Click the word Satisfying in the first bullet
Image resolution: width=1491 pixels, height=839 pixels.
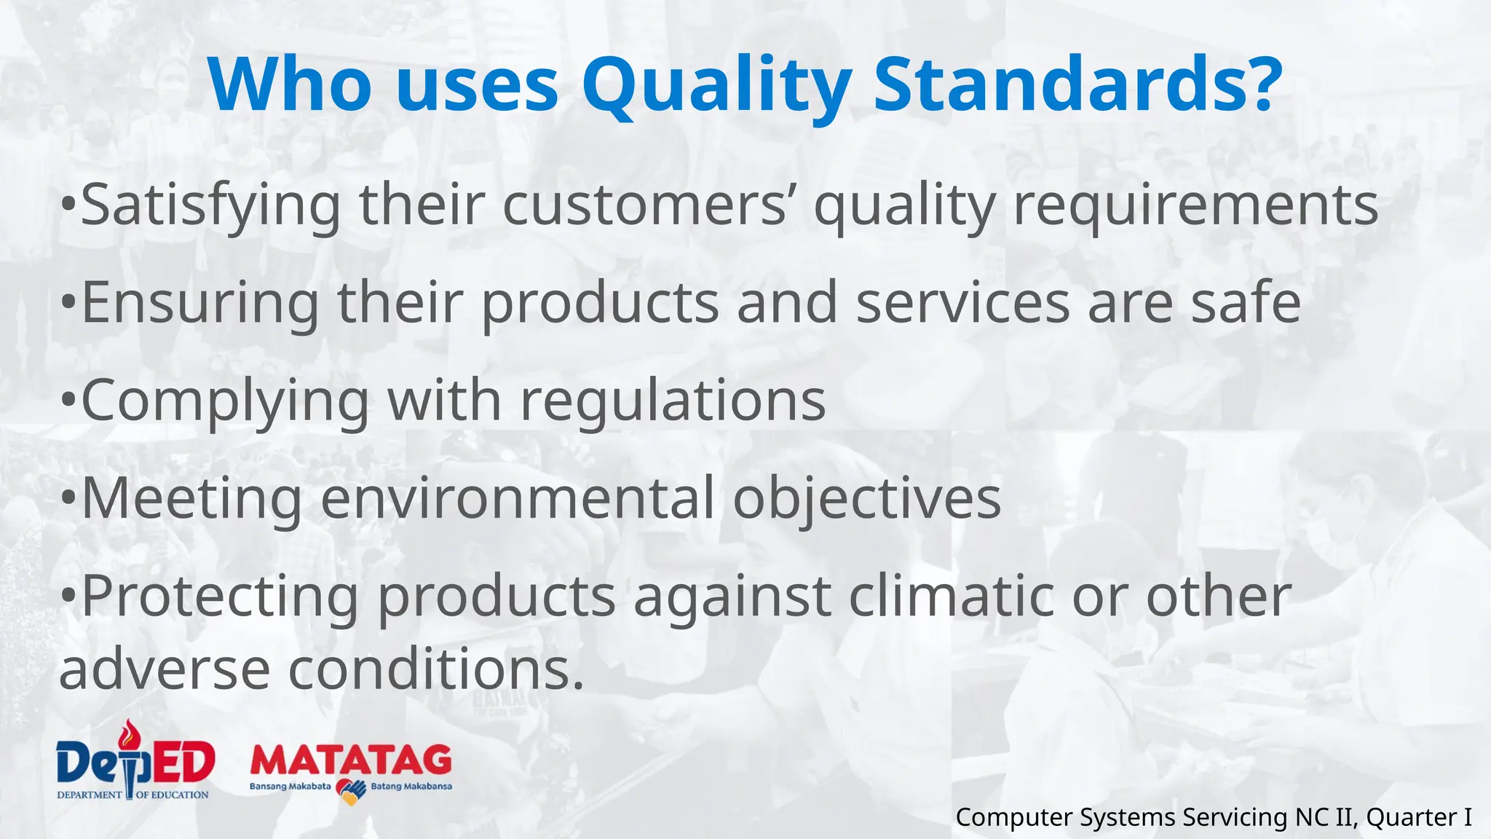(210, 205)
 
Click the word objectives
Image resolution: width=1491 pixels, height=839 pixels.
(866, 500)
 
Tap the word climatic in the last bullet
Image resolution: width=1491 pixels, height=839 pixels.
(951, 596)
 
